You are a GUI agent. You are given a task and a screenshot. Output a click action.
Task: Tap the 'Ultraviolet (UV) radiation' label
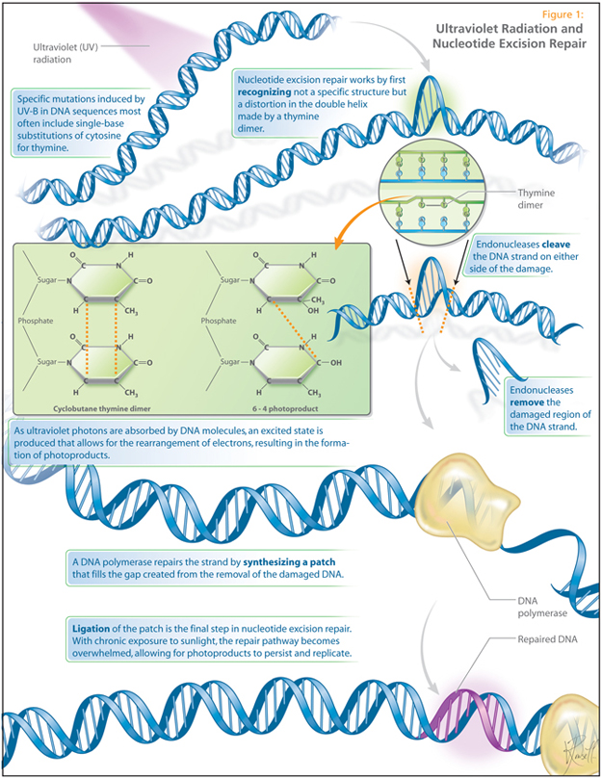(59, 52)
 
